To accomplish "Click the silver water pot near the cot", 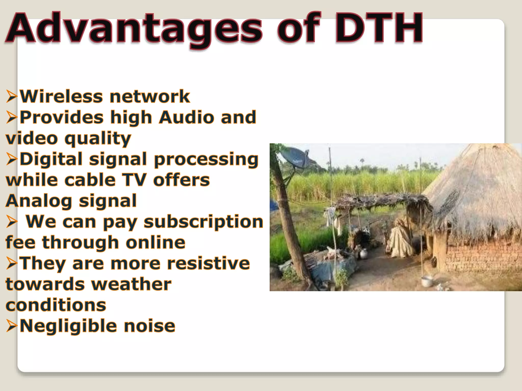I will [x=363, y=253].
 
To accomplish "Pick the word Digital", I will [x=51, y=159].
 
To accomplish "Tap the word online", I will [x=155, y=243].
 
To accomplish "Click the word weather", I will [x=132, y=285].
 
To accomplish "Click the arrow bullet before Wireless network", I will [x=12, y=97].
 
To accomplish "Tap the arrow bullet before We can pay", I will [x=12, y=222].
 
